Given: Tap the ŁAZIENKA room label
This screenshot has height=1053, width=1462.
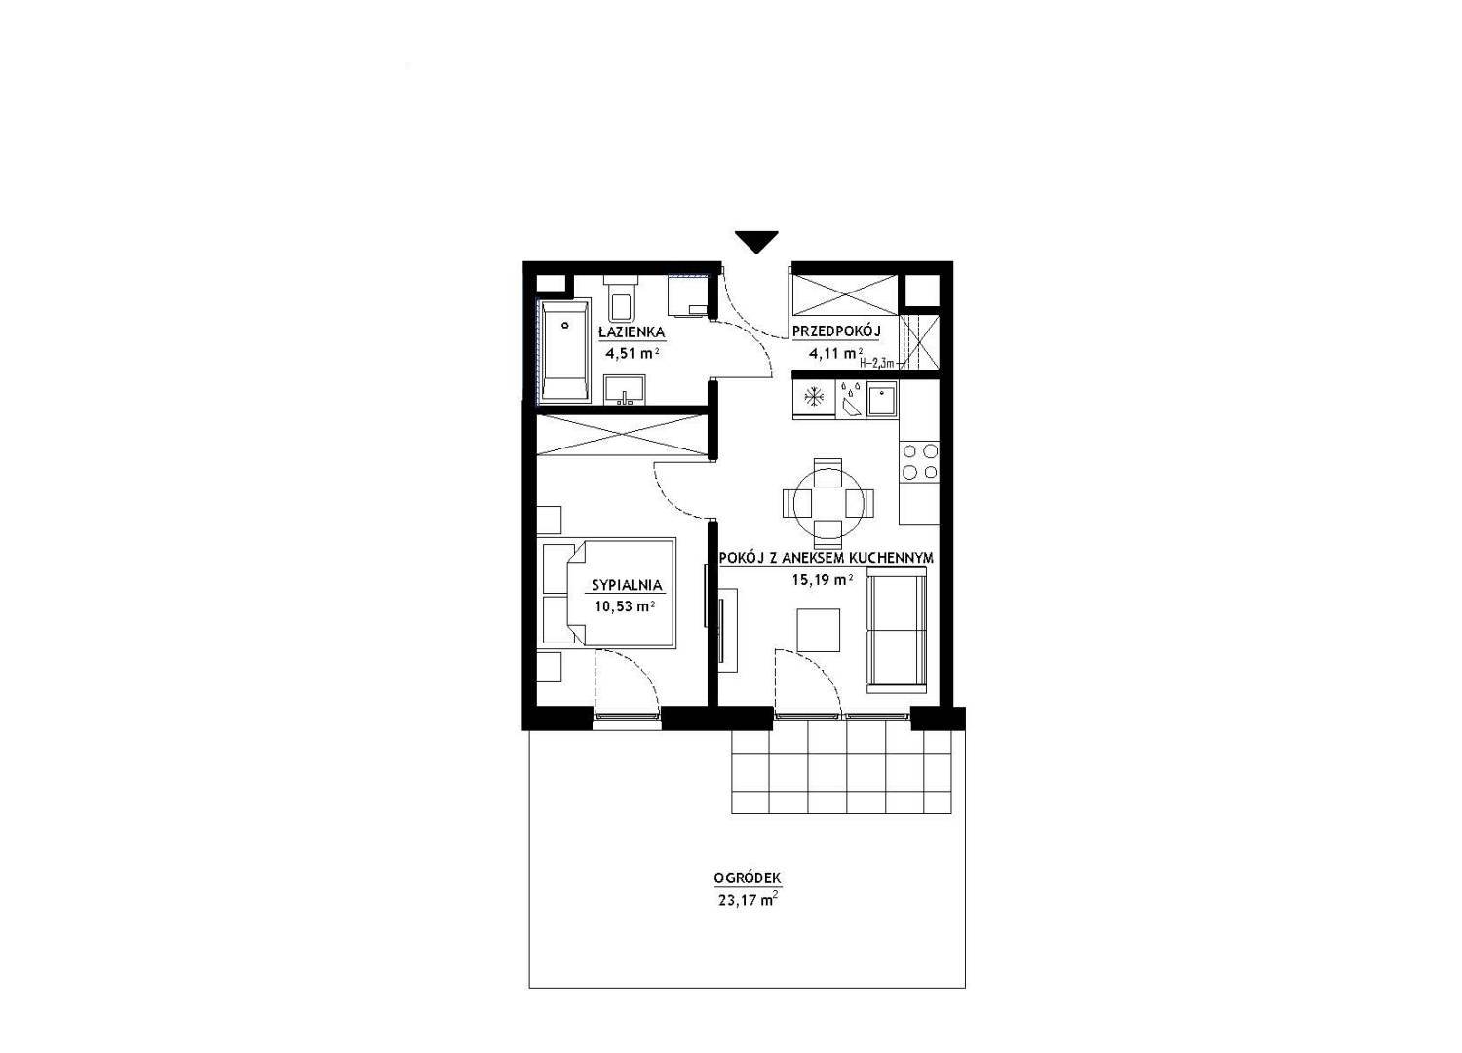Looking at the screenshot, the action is (632, 331).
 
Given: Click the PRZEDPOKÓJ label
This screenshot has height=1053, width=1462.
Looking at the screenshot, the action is (836, 331).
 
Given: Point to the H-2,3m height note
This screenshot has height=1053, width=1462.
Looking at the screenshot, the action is (878, 363).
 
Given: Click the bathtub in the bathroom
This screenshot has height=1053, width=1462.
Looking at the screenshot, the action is (564, 349).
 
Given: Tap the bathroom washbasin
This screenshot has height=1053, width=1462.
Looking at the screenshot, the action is (625, 390).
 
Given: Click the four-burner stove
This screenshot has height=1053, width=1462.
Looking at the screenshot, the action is (919, 461).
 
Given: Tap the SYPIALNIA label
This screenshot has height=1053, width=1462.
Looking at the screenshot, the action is (627, 585).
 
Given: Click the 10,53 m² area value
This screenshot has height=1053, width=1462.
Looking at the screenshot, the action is (625, 605).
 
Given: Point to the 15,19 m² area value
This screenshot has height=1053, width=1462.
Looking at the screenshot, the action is (823, 579).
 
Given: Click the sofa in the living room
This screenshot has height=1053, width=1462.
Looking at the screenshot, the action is (897, 631).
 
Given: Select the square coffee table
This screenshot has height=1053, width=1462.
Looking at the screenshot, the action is (819, 630).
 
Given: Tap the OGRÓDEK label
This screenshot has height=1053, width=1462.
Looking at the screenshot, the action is (748, 878).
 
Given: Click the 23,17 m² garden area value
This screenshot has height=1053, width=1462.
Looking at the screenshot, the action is (748, 901).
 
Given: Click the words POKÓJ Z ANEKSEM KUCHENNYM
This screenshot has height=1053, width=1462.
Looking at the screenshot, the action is (827, 558).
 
